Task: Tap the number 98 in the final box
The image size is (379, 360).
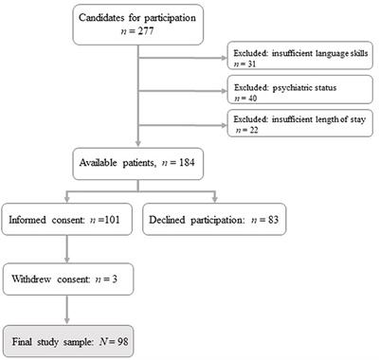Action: pyautogui.click(x=116, y=336)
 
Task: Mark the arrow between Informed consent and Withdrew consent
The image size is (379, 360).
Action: pyautogui.click(x=65, y=253)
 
